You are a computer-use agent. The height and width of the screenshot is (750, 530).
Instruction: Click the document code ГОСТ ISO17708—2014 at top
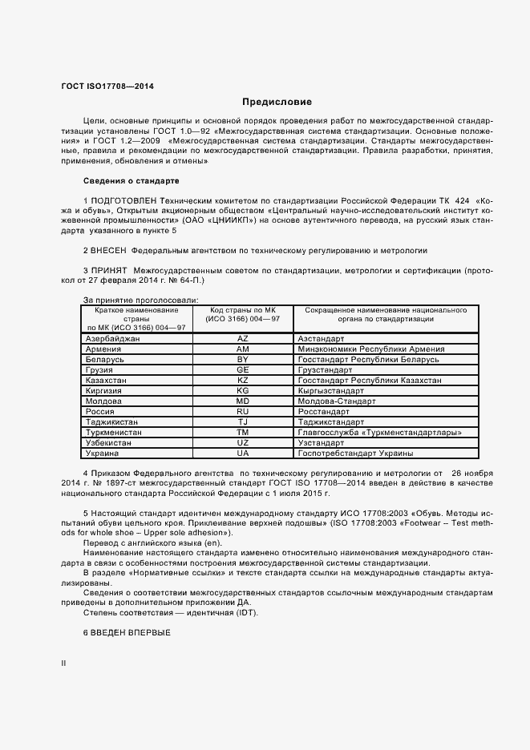point(108,86)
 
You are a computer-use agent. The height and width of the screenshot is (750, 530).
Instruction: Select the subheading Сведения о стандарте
point(131,180)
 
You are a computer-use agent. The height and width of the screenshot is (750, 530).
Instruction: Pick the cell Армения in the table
point(103,349)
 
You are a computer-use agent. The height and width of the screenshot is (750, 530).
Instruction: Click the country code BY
point(243,360)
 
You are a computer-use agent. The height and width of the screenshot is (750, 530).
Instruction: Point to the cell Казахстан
point(106,380)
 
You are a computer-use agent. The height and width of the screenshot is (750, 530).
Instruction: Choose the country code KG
point(243,390)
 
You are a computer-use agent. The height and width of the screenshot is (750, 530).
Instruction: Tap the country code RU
point(243,410)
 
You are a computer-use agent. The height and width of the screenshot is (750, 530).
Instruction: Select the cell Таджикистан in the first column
point(111,421)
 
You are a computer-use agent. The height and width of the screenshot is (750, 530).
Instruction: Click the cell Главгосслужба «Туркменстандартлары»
point(378,431)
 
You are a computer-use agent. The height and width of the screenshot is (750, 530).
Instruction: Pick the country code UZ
point(243,442)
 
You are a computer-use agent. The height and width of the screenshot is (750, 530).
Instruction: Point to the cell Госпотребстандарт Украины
point(355,452)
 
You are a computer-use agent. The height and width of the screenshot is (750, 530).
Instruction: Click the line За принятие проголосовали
point(129,300)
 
